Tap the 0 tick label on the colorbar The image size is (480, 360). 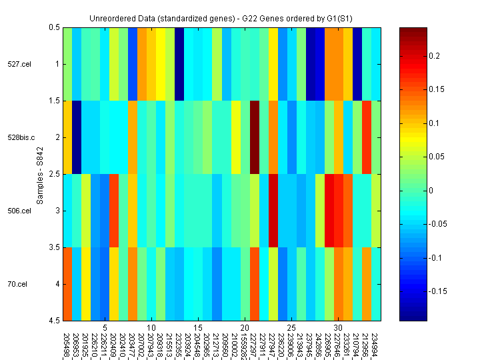pyautogui.click(x=430, y=191)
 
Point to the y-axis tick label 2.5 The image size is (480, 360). pyautogui.click(x=53, y=174)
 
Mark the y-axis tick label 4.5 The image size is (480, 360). pyautogui.click(x=53, y=321)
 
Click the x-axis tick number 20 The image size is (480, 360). pyautogui.click(x=245, y=328)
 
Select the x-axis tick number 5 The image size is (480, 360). pyautogui.click(x=105, y=328)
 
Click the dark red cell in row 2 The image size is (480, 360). pyautogui.click(x=255, y=137)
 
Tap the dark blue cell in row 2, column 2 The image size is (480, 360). pyautogui.click(x=77, y=137)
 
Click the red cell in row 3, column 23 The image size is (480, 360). pyautogui.click(x=273, y=211)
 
